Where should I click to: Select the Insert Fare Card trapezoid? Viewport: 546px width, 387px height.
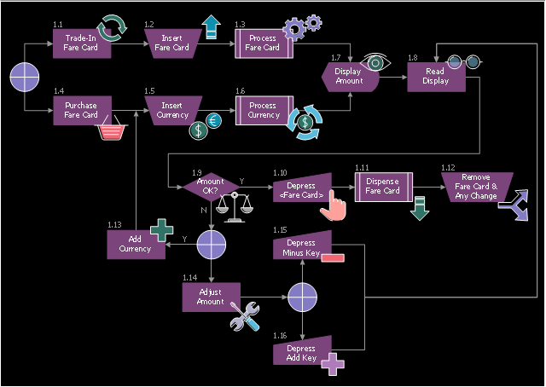click(x=172, y=43)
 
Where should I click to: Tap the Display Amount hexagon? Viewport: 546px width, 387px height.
click(x=348, y=76)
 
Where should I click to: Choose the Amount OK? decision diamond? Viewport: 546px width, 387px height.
click(x=210, y=186)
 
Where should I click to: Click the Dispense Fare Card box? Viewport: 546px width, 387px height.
click(x=382, y=186)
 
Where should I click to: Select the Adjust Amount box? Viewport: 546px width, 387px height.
click(x=210, y=297)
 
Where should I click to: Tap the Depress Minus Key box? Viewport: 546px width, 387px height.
click(x=301, y=244)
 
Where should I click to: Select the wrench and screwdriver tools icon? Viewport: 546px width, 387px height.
click(x=245, y=317)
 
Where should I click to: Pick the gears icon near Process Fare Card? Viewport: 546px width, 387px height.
click(x=302, y=26)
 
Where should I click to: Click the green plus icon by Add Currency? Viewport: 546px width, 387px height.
click(x=161, y=231)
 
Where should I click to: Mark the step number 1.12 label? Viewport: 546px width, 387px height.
click(x=448, y=167)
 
